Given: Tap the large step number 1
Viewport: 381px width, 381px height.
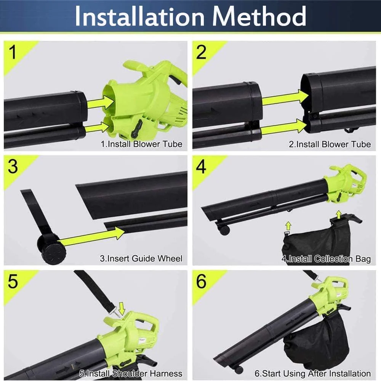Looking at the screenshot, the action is pyautogui.click(x=12, y=52).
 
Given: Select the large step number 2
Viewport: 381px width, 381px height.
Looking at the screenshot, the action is pyautogui.click(x=201, y=52).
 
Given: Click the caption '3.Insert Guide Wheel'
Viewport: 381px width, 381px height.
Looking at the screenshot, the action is pyautogui.click(x=141, y=258).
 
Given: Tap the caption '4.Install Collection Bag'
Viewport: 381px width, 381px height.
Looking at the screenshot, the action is pyautogui.click(x=327, y=259).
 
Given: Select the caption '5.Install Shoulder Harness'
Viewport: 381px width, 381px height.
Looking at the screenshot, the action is pyautogui.click(x=131, y=373).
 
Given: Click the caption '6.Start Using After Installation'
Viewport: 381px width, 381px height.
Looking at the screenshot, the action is pyautogui.click(x=313, y=373).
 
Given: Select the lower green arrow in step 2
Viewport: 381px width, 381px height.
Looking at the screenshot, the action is pyautogui.click(x=283, y=126).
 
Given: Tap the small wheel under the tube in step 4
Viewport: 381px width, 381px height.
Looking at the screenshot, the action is pyautogui.click(x=224, y=230).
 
